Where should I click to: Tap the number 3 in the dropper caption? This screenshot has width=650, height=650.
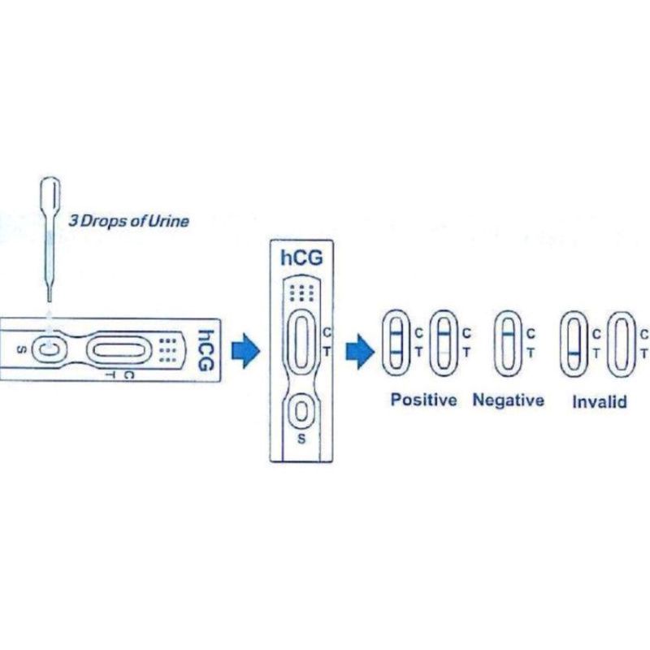coord(72,220)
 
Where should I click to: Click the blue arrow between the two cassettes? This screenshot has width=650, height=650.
coord(245,351)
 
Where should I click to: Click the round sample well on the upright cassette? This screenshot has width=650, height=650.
coord(301,412)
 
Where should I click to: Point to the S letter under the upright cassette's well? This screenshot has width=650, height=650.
coord(301,440)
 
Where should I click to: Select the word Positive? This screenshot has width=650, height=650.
coord(423,400)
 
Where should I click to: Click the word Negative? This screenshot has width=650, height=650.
coord(508,400)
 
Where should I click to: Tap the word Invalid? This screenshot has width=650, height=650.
coord(599,401)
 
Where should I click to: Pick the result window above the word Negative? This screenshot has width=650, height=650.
coord(507,342)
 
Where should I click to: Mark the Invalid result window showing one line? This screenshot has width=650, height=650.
coord(573,343)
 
